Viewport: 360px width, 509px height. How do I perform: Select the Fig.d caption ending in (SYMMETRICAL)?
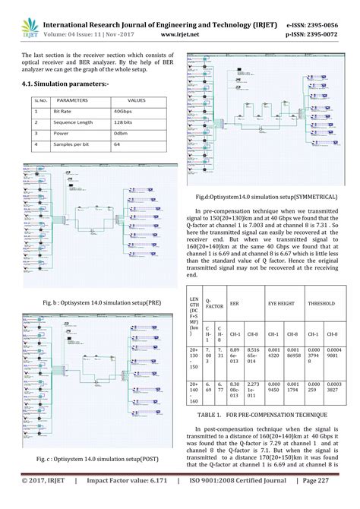[267, 195]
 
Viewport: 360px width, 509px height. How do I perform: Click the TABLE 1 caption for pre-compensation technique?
[267, 416]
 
